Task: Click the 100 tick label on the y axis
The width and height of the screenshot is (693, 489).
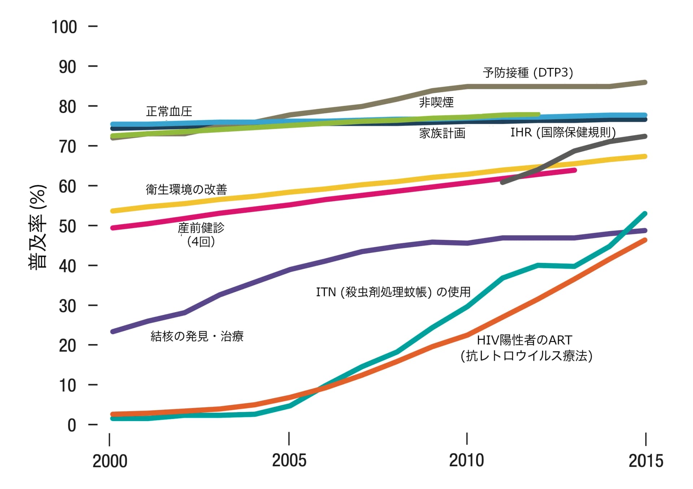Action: click(x=64, y=27)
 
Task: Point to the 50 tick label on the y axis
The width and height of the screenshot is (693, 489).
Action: click(x=68, y=226)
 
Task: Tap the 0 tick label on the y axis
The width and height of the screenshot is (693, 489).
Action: click(x=72, y=425)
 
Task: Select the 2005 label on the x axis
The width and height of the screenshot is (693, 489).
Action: click(x=289, y=460)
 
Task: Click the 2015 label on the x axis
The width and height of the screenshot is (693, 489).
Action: click(x=646, y=461)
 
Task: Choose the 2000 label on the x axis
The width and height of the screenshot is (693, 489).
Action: click(x=110, y=461)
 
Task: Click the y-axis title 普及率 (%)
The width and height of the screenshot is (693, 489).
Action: click(x=38, y=226)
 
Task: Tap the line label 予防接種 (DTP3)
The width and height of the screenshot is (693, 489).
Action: click(x=528, y=73)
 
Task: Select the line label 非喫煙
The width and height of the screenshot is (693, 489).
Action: click(x=436, y=102)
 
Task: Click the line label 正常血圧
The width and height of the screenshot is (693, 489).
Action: click(x=169, y=111)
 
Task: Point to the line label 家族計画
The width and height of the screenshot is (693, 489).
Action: click(x=442, y=133)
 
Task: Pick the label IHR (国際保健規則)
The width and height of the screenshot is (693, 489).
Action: click(x=563, y=132)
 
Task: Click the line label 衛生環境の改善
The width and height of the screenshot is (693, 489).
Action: click(x=186, y=189)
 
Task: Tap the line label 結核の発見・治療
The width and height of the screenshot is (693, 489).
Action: click(x=197, y=336)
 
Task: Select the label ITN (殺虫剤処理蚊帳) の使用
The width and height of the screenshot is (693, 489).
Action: click(x=393, y=292)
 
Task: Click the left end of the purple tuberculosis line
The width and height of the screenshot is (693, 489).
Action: click(x=113, y=331)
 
